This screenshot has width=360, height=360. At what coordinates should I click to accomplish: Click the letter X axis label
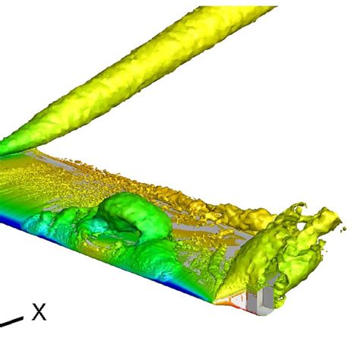click(39, 312)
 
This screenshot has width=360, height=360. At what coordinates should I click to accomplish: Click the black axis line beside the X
click(11, 321)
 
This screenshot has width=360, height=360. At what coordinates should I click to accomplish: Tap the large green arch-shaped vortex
click(135, 215)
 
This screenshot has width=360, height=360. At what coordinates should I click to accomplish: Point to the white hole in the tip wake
click(302, 226)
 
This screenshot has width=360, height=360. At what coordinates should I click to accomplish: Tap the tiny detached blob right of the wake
click(343, 229)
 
